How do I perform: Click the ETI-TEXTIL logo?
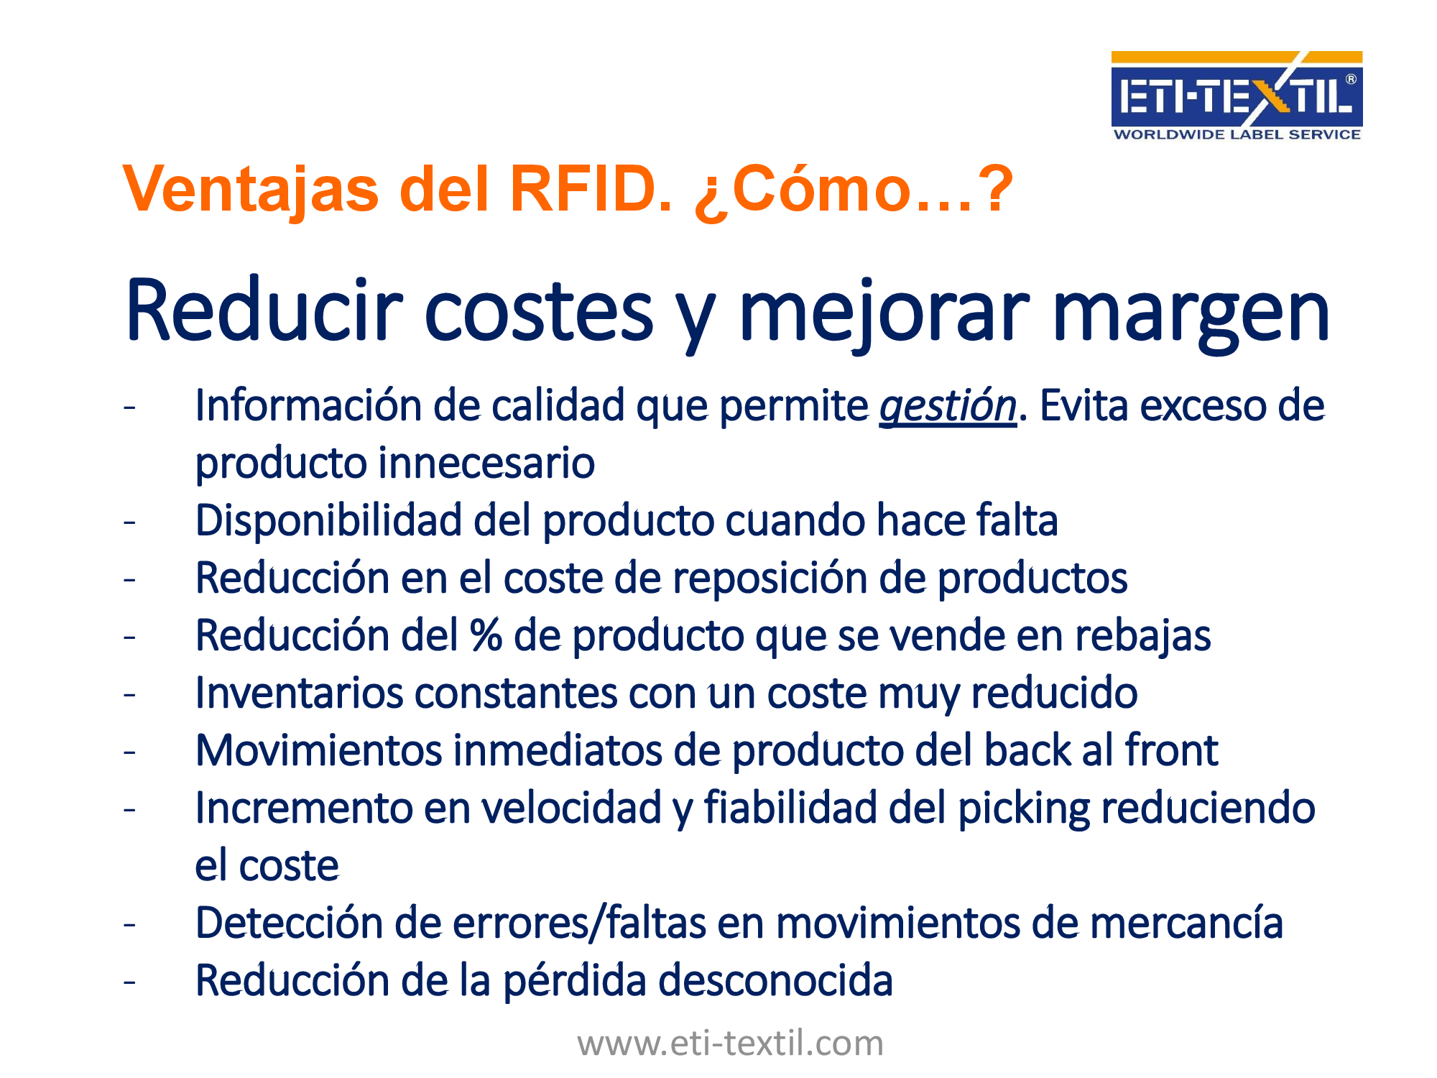[x=1237, y=96]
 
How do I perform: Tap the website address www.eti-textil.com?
[x=730, y=1043]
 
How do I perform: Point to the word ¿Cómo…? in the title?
[x=854, y=190]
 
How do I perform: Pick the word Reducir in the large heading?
[x=263, y=310]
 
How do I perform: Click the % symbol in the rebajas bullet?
[x=486, y=635]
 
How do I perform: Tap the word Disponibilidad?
[x=328, y=520]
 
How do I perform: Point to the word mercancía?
[x=1186, y=923]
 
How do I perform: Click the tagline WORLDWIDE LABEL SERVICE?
[x=1237, y=134]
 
